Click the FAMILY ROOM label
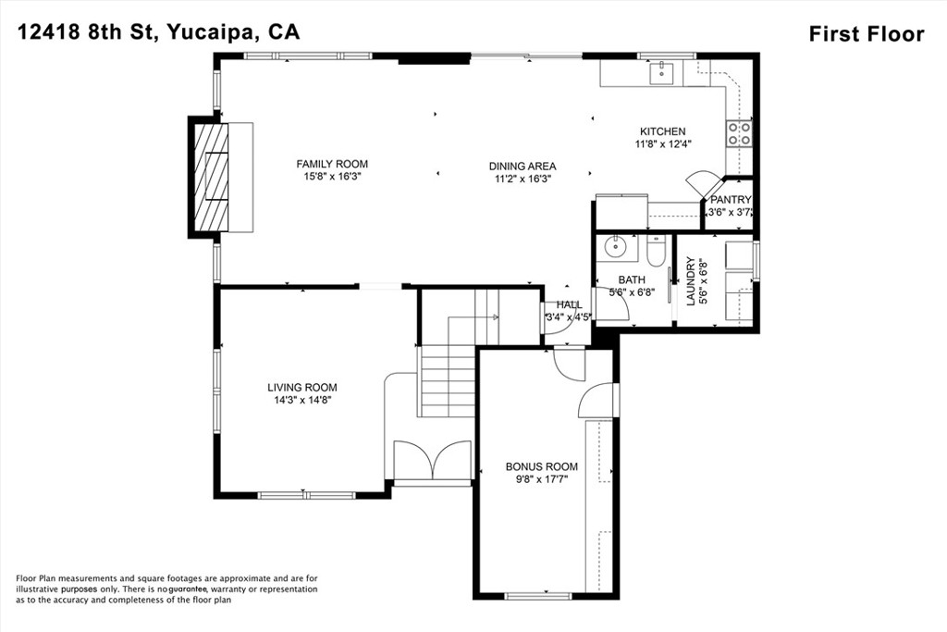(x=332, y=165)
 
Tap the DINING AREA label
(x=523, y=167)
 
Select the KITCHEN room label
(x=662, y=131)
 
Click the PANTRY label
(x=731, y=200)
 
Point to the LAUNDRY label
(x=691, y=281)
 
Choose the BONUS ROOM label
(x=542, y=466)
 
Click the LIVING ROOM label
(x=302, y=388)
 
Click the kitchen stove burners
(x=739, y=133)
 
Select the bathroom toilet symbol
(x=656, y=252)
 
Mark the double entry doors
(x=432, y=461)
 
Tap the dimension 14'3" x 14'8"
(x=302, y=400)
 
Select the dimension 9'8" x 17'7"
(x=542, y=478)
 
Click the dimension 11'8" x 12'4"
(x=662, y=143)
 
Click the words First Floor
(x=867, y=34)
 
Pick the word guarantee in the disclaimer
(x=189, y=589)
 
